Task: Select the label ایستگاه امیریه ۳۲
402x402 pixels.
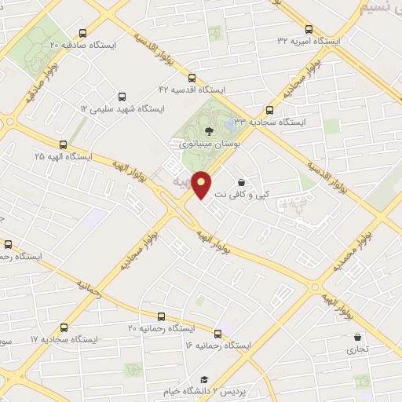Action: pyautogui.click(x=310, y=40)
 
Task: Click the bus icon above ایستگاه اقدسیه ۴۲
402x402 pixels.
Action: pyautogui.click(x=192, y=77)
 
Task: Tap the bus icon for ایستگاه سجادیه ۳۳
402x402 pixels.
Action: pyautogui.click(x=271, y=110)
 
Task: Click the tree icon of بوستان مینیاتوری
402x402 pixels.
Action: pyautogui.click(x=207, y=131)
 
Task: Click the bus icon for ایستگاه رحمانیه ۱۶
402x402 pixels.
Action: pyautogui.click(x=218, y=331)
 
